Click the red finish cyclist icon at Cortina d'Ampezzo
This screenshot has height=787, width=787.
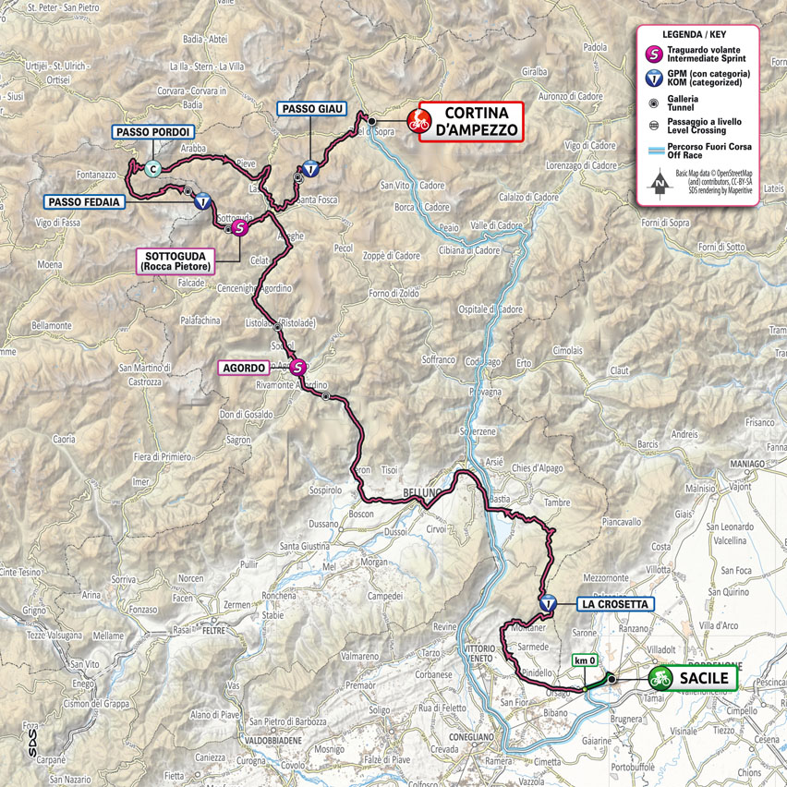(418, 119)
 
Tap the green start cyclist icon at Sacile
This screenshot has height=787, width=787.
(660, 678)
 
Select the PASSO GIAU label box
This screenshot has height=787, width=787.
(313, 109)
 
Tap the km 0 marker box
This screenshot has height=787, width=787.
(585, 660)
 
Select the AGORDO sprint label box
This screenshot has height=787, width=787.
(248, 368)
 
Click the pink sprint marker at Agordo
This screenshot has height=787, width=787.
(297, 367)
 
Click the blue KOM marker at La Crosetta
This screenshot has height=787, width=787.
(548, 602)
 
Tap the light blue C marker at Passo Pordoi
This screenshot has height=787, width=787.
(151, 168)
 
